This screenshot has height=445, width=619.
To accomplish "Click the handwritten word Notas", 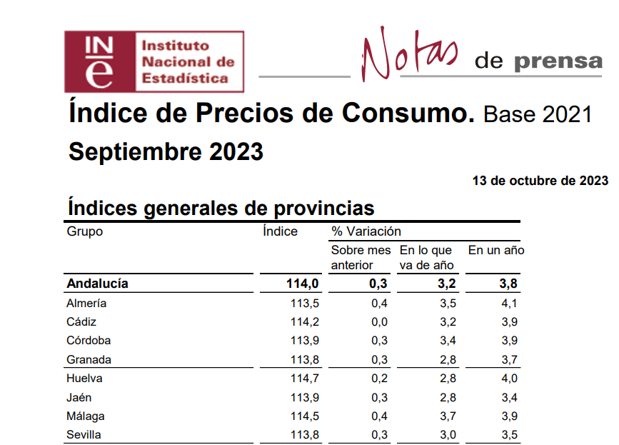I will point(408,56).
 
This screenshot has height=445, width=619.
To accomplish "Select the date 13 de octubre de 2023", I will point(540,180).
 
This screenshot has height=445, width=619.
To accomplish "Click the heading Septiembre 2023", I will point(166,152).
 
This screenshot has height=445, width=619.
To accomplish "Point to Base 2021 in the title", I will point(538,114).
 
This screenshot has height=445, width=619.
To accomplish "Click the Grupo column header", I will point(85,231).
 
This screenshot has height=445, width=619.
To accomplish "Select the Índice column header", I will point(280,231).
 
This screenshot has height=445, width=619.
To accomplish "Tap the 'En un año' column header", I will point(496,250).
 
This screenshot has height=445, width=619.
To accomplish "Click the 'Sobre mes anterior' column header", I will point(361,258).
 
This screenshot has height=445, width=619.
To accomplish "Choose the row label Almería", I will point(86,303).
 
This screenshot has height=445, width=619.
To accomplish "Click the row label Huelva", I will point(84,379).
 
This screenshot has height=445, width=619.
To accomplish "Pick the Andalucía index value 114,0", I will point(302,284).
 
